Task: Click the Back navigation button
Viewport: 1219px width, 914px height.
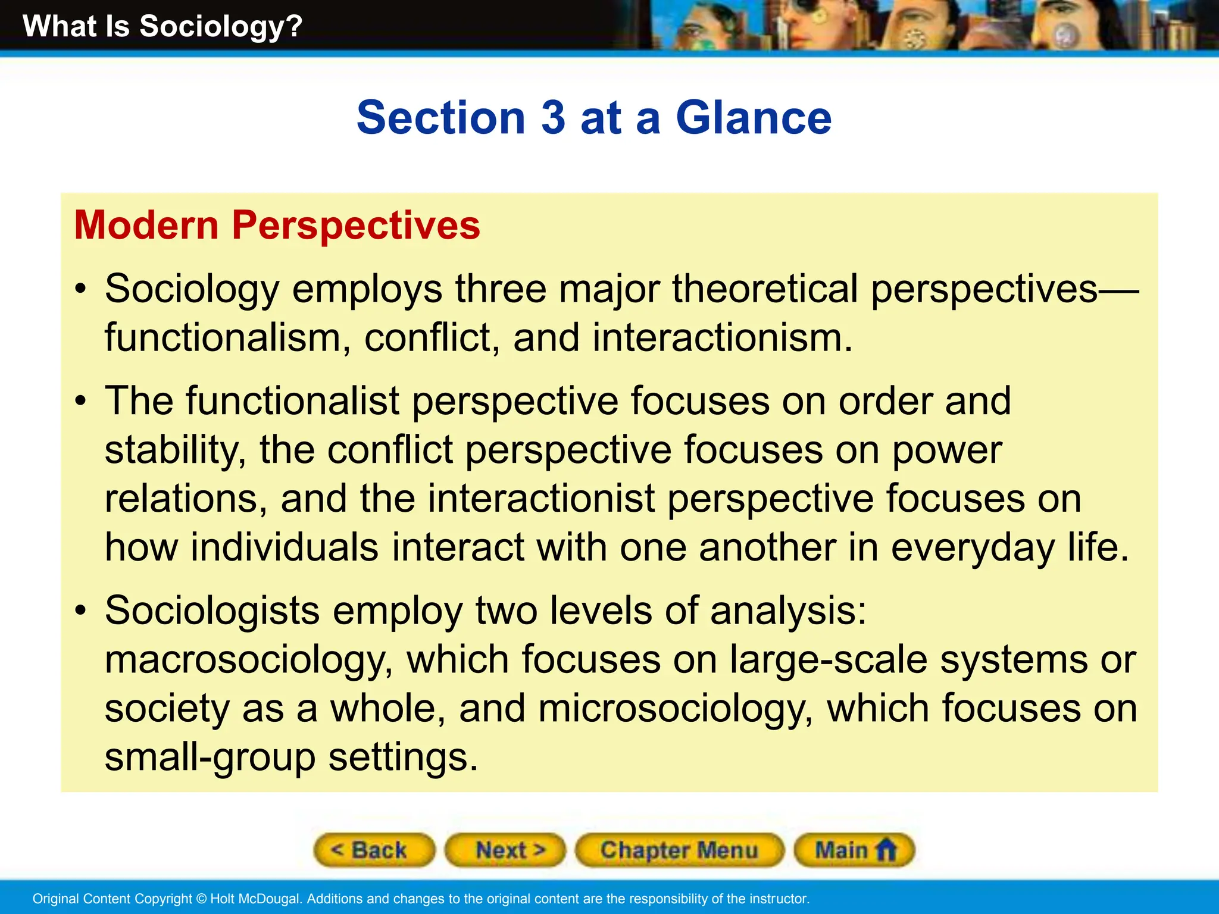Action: (374, 850)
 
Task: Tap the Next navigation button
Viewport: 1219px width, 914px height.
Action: (505, 850)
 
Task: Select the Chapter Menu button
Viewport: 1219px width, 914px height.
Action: (679, 850)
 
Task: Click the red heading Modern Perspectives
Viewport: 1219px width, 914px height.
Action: (277, 226)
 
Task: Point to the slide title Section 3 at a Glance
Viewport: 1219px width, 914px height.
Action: (594, 118)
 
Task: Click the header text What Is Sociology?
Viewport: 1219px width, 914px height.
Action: (162, 27)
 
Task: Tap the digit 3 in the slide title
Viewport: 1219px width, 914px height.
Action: (553, 118)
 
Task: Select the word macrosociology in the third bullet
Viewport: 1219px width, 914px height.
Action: (248, 660)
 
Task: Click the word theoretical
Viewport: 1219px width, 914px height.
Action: (765, 289)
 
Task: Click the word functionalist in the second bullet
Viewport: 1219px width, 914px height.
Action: (292, 401)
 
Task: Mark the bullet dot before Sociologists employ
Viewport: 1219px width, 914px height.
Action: (82, 611)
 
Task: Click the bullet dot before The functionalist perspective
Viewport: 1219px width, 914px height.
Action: (82, 401)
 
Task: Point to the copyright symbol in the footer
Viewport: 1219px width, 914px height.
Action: (201, 899)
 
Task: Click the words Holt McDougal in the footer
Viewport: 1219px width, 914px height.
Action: (255, 899)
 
